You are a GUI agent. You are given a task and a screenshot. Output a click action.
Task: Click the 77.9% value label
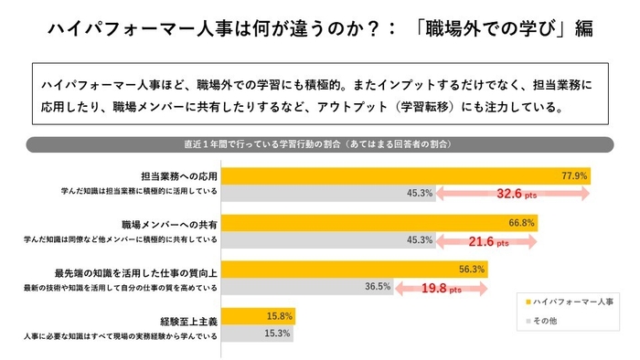click(x=573, y=175)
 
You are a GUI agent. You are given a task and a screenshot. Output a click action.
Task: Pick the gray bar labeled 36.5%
click(x=293, y=286)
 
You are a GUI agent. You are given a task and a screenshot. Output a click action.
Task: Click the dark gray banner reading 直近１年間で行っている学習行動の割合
click(x=319, y=144)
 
